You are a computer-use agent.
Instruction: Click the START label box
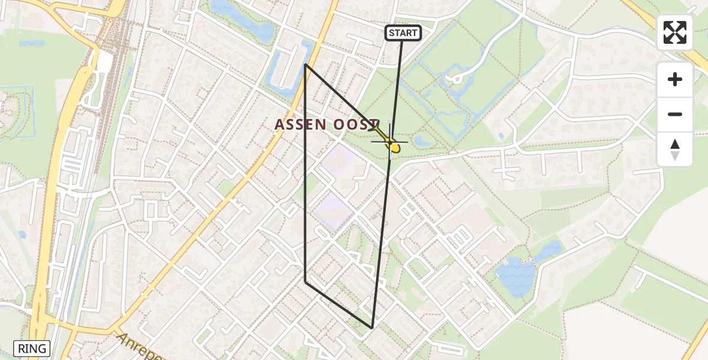coord(403,33)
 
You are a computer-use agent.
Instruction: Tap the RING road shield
coord(32,349)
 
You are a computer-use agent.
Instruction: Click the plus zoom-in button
coord(675,79)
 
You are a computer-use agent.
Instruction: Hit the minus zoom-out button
coord(675,115)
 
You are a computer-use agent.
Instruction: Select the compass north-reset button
coord(675,149)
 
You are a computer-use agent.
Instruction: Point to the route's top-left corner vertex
coord(305,64)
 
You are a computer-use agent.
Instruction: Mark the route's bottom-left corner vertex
coord(305,281)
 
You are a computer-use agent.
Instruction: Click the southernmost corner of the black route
coord(372,328)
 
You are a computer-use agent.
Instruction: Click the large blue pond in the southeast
coord(515,277)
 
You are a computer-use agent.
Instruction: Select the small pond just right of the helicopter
coord(422,141)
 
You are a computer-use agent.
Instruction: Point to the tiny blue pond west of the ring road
coord(22,234)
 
